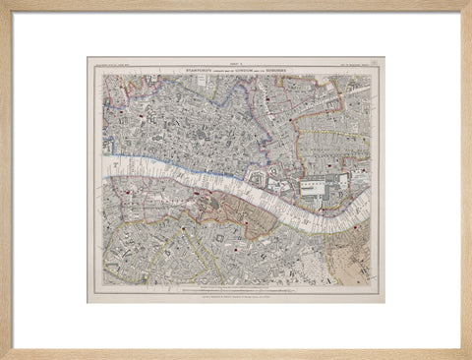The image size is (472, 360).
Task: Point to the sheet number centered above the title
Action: (x=236, y=65)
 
